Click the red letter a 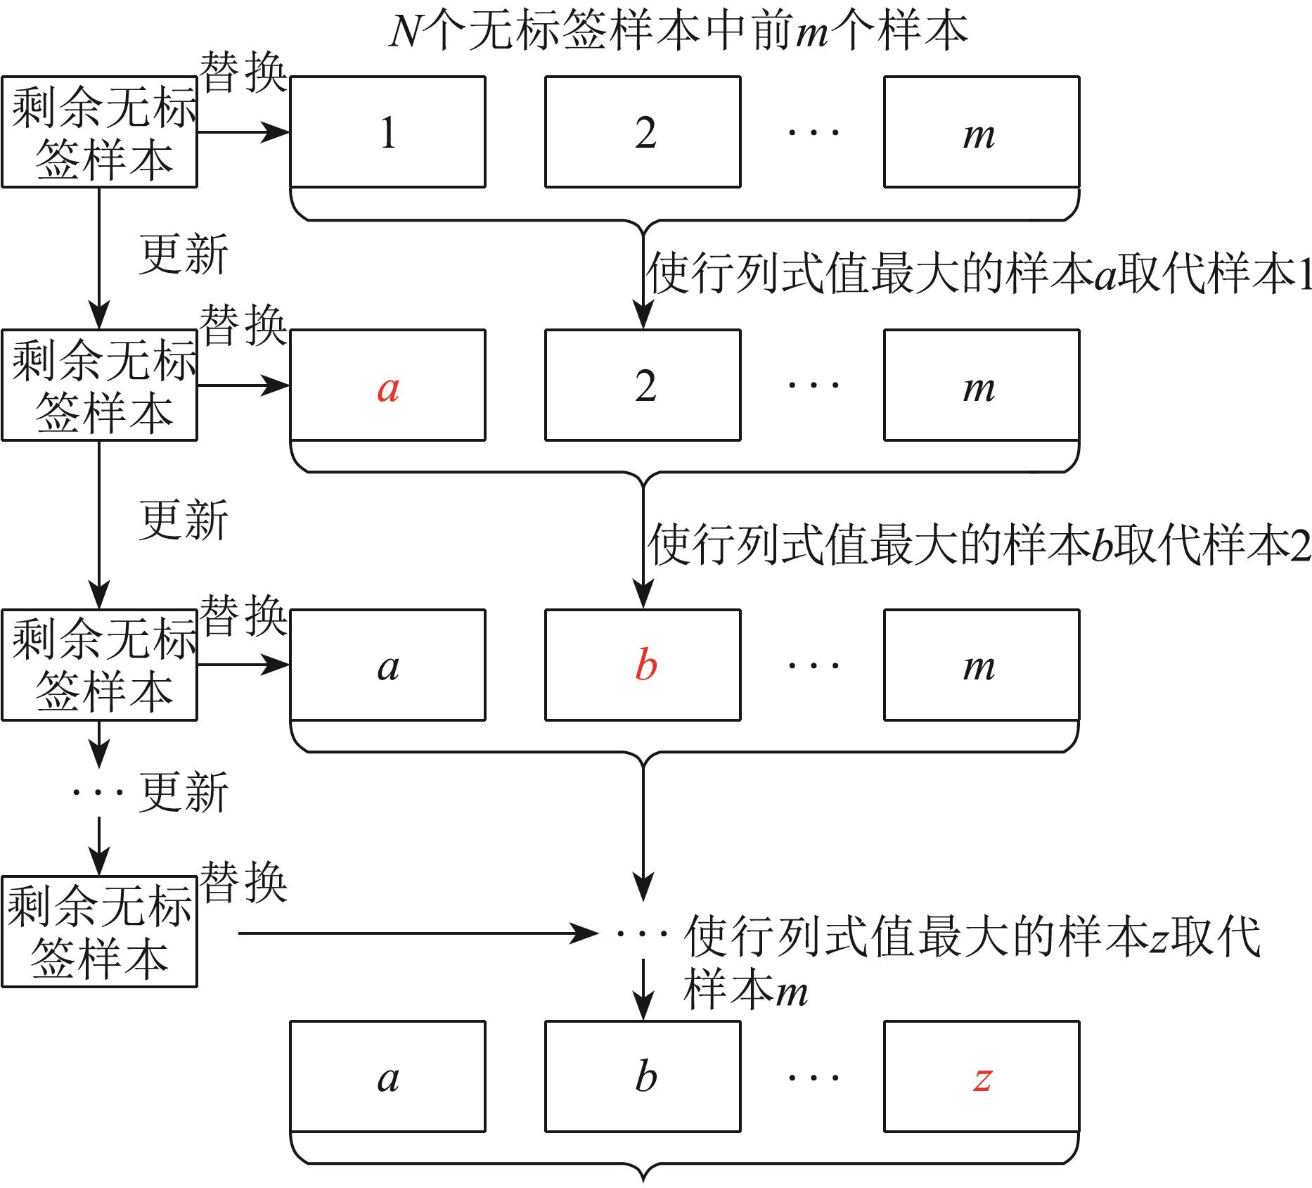tap(388, 388)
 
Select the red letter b tap(645, 665)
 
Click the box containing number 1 tap(388, 132)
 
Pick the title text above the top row tap(678, 32)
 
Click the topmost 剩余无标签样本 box tap(99, 132)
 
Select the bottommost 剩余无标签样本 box tap(99, 931)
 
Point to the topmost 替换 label tap(244, 72)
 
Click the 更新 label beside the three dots tap(184, 793)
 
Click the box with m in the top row tap(982, 132)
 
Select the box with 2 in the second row tap(643, 385)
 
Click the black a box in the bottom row tap(388, 1077)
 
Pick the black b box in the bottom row tap(643, 1077)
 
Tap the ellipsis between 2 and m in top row tap(813, 132)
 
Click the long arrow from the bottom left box tap(418, 933)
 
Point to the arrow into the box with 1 tap(244, 132)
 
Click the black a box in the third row tap(388, 665)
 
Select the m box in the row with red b tap(982, 665)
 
